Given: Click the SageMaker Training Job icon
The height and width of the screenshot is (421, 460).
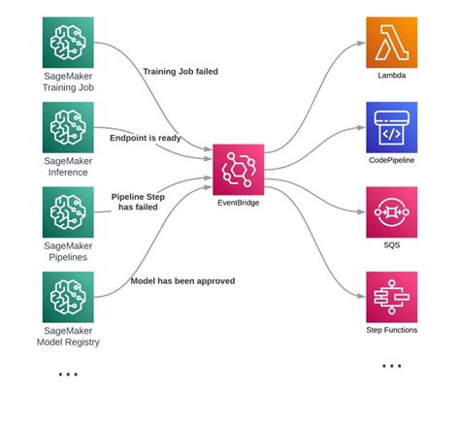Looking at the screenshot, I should coord(68,42).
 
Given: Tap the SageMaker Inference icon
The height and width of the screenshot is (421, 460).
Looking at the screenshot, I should coord(68,127).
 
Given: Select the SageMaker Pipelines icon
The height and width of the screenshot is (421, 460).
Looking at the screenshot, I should coord(68,211).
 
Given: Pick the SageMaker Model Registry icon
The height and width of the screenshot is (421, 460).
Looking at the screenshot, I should coord(68,297).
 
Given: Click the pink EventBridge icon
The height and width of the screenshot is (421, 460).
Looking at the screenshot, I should coord(238,169).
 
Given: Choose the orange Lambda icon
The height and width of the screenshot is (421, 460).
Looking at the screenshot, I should coord(391,42).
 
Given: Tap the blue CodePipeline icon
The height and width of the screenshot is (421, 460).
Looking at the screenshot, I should coord(391,127).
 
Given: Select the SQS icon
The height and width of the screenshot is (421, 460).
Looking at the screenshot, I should coord(391,211).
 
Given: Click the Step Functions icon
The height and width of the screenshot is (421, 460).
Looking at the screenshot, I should coord(391,297).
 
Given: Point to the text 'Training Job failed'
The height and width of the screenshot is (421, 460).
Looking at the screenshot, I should coord(181,71).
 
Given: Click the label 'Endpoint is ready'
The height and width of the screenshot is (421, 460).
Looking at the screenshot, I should coord(146,138).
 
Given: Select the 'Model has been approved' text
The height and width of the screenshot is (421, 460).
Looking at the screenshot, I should coord(182,281).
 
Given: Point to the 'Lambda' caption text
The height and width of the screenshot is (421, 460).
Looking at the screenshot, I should coord(391,75).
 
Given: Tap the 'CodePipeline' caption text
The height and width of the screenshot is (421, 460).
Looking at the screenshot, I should coord(391,160).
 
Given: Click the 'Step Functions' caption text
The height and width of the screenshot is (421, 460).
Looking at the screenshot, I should coord(391,330).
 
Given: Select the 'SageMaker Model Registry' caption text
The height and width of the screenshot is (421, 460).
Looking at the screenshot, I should coord(68,336).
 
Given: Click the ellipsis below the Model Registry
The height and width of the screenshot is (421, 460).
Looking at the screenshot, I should coord(68,373).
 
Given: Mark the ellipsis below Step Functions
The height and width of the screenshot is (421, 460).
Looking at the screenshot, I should coord(391,367).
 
